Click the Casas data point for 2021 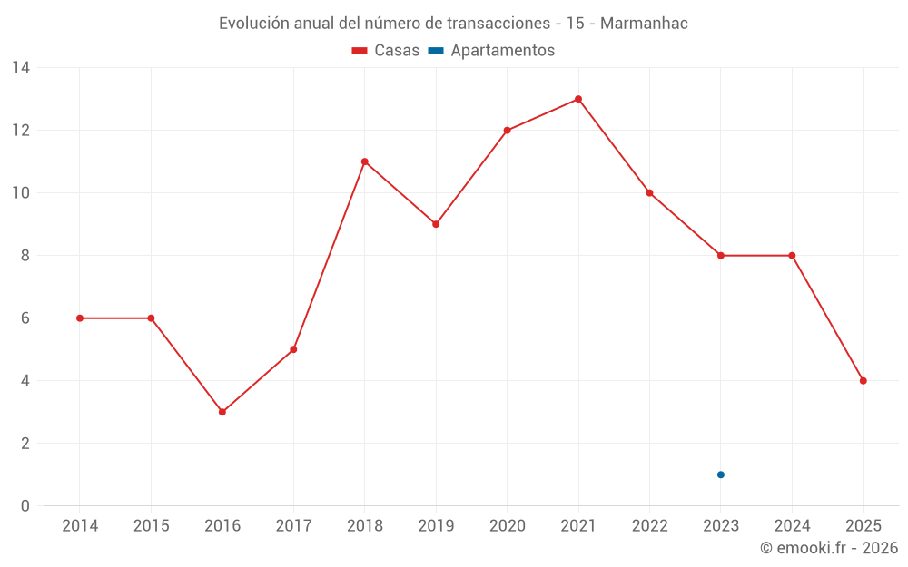click(578, 99)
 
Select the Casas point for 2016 click(222, 412)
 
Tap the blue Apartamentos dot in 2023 click(721, 474)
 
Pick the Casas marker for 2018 click(365, 161)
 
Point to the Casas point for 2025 click(863, 381)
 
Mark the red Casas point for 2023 click(721, 256)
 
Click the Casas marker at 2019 click(436, 224)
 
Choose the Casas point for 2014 click(80, 318)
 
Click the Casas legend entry click(386, 51)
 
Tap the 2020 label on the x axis click(507, 526)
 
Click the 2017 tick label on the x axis click(293, 526)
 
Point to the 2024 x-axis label click(792, 526)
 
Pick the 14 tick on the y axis click(21, 68)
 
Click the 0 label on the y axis click(25, 506)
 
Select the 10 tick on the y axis click(21, 193)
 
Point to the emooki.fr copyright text click(829, 548)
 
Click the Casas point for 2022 click(649, 193)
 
